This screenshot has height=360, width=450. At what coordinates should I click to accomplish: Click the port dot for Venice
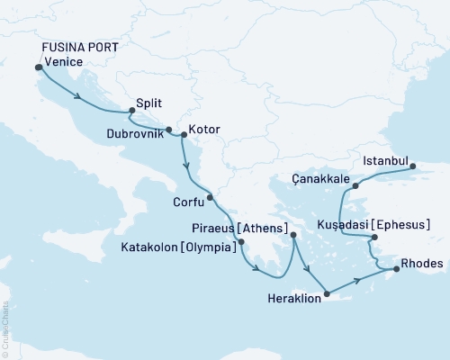pyautogui.click(x=38, y=67)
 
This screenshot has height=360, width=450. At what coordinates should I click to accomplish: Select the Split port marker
pyautogui.click(x=132, y=112)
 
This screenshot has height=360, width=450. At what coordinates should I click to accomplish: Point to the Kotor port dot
pyautogui.click(x=184, y=135)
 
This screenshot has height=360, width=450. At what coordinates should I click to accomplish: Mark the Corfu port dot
pyautogui.click(x=210, y=197)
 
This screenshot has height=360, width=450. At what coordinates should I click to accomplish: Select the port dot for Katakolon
pyautogui.click(x=241, y=241)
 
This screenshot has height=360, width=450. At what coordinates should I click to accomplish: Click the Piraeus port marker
pyautogui.click(x=293, y=236)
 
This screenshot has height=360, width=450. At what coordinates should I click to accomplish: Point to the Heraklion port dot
pyautogui.click(x=328, y=293)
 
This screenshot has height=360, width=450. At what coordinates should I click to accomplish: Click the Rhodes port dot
pyautogui.click(x=391, y=267)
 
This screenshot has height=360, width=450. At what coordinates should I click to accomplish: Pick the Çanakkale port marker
pyautogui.click(x=355, y=186)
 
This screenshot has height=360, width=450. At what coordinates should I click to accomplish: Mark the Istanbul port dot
pyautogui.click(x=413, y=166)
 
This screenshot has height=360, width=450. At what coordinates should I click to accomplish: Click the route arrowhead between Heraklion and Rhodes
pyautogui.click(x=360, y=280)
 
